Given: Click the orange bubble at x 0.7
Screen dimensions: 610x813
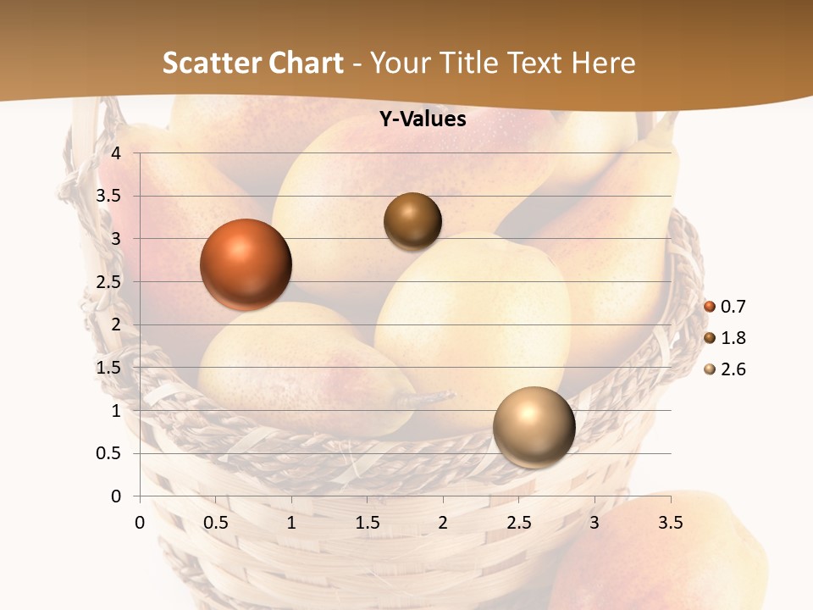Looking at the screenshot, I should (x=246, y=264).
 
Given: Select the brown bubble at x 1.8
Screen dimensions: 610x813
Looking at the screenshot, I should (x=412, y=221).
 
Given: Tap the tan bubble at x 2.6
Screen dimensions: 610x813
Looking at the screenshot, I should (x=534, y=427).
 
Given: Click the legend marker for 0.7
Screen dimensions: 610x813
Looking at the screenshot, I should (x=710, y=307).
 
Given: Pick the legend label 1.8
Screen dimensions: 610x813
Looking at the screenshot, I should (x=733, y=338).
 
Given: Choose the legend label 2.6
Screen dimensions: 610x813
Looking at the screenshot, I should (x=733, y=369).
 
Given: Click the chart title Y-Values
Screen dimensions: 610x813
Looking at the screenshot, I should (x=423, y=119).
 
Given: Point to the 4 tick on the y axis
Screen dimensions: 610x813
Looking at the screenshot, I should (x=116, y=153).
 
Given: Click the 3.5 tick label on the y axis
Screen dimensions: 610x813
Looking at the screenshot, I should (x=108, y=196).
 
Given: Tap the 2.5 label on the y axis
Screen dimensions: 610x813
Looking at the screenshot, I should (x=108, y=282).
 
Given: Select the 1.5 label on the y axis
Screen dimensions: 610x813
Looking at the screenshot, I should (x=108, y=368).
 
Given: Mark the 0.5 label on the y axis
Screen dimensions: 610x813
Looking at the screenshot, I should (x=108, y=453).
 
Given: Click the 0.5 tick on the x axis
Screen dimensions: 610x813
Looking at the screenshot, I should (x=216, y=523).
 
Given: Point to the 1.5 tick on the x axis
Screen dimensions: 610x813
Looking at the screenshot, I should (x=368, y=523).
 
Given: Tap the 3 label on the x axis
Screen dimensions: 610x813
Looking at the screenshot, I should (x=595, y=523).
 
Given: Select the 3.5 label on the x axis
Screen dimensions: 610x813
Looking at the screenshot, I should (x=670, y=523).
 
